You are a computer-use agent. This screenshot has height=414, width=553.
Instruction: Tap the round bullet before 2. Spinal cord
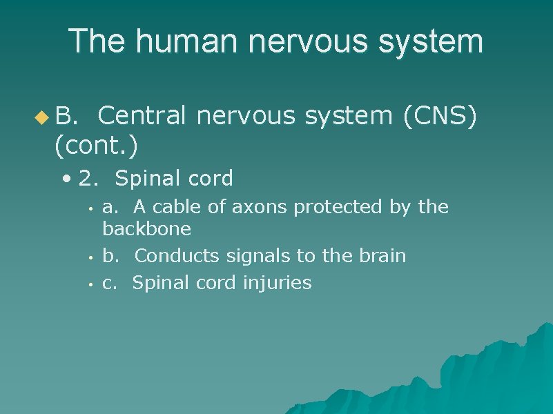coord(66,179)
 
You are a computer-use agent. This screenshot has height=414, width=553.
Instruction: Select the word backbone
coord(147,228)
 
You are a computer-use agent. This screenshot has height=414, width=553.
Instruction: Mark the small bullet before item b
coord(90,257)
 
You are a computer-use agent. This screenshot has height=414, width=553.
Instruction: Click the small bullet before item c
coord(90,284)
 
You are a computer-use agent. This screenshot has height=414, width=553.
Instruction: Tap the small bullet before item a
coord(90,208)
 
